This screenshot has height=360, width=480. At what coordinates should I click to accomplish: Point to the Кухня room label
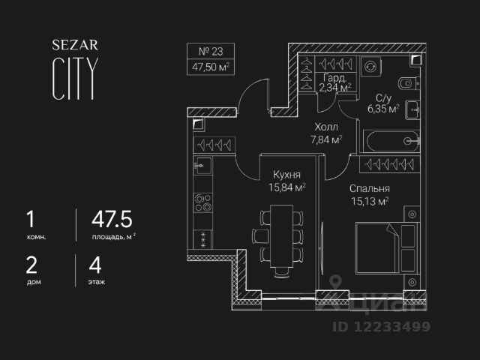click(x=286, y=174)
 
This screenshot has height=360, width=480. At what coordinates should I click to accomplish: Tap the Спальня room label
click(x=369, y=189)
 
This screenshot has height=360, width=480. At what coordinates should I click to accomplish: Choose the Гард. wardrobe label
click(x=334, y=78)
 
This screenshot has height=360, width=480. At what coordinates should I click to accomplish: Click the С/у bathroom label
click(x=383, y=97)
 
